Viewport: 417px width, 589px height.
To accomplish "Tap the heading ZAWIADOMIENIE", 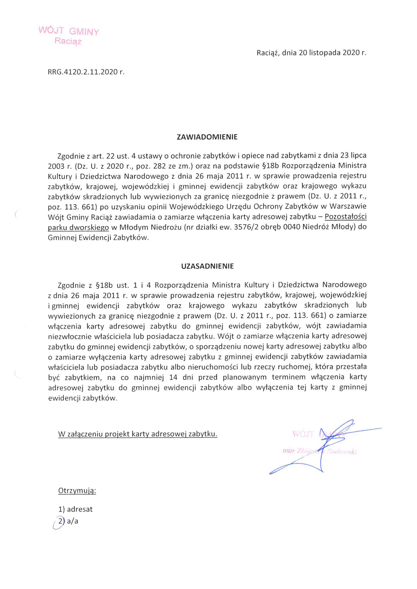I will point(207,137).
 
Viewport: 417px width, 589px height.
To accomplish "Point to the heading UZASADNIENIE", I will point(207,266).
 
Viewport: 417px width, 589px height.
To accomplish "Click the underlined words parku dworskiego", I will point(78,227).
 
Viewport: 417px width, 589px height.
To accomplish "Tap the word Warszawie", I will point(348,207).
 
